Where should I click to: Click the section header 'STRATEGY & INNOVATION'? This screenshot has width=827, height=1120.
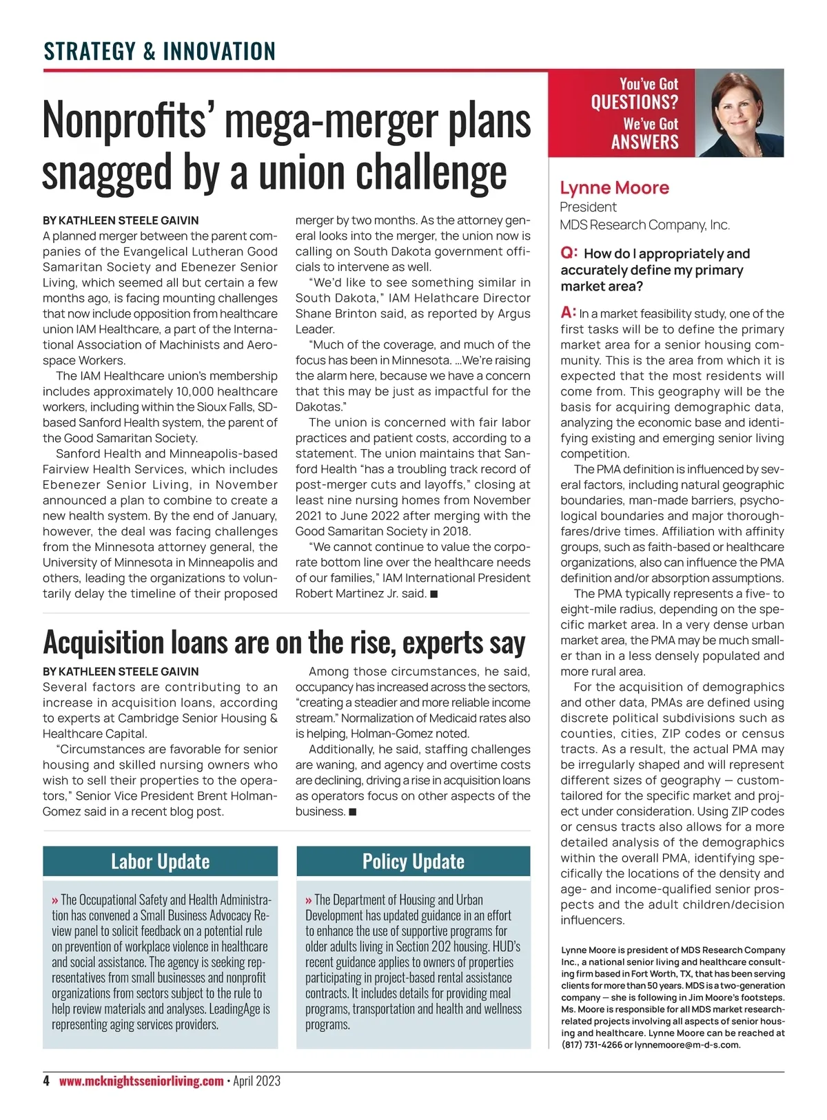[159, 51]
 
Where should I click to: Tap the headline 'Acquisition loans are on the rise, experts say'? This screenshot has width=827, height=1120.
[284, 642]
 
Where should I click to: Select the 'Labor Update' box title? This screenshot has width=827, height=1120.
[160, 861]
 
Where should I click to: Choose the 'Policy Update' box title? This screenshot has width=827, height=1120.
[413, 861]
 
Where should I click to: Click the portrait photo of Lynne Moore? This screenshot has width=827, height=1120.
[739, 113]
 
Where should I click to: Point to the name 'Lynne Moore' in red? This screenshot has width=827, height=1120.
[614, 188]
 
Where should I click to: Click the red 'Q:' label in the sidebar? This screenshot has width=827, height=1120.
[569, 253]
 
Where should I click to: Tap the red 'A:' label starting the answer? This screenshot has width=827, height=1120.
[569, 313]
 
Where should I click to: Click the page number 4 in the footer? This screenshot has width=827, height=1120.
[46, 1081]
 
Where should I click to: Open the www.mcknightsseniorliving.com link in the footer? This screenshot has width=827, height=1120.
[141, 1081]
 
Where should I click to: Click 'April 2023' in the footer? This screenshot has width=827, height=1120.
[256, 1081]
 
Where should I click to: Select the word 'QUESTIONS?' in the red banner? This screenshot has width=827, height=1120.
[634, 103]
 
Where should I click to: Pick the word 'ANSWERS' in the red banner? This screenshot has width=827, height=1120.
[644, 143]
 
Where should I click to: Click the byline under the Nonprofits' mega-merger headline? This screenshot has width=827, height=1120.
[121, 220]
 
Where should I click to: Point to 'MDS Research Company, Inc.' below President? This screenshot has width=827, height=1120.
[644, 225]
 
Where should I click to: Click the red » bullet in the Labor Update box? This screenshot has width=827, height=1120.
[55, 900]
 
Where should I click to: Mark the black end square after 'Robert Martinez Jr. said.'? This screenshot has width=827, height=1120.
[434, 594]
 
